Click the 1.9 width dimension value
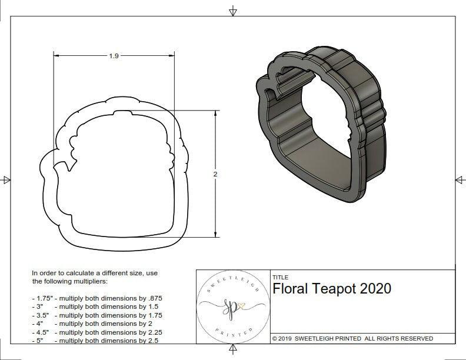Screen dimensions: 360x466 point(114,56)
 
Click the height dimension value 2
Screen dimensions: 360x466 point(215,174)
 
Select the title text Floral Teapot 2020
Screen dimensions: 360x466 point(332,289)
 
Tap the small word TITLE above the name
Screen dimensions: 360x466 point(281,277)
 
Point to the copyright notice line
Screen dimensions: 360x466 point(352,338)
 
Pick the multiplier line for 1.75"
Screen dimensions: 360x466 point(97,298)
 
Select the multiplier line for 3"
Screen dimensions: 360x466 point(94,306)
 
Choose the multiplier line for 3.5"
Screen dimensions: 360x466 point(96,315)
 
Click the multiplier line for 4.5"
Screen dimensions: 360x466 point(96,332)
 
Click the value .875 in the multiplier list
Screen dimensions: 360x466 point(154,298)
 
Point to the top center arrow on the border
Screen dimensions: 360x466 point(233,11)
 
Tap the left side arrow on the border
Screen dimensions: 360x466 point(6,180)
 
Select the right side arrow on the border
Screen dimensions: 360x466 point(460,180)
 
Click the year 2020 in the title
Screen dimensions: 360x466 point(375,289)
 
